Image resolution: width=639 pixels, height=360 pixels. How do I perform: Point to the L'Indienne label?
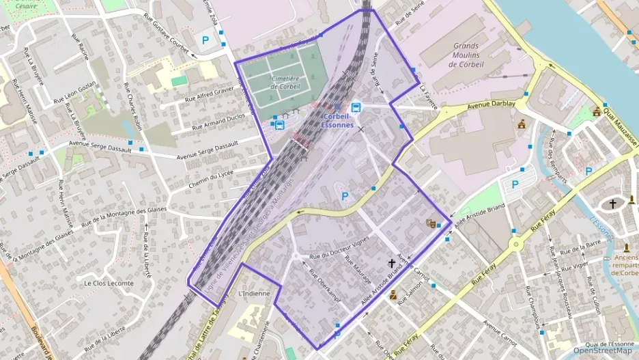[254, 294]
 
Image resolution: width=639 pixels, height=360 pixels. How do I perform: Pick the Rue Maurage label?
[358, 271]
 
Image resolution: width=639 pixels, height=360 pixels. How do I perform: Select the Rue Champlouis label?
[531, 300]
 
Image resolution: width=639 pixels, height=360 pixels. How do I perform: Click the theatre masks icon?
[431, 223]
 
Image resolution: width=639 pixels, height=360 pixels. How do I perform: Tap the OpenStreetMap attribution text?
[603, 350]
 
